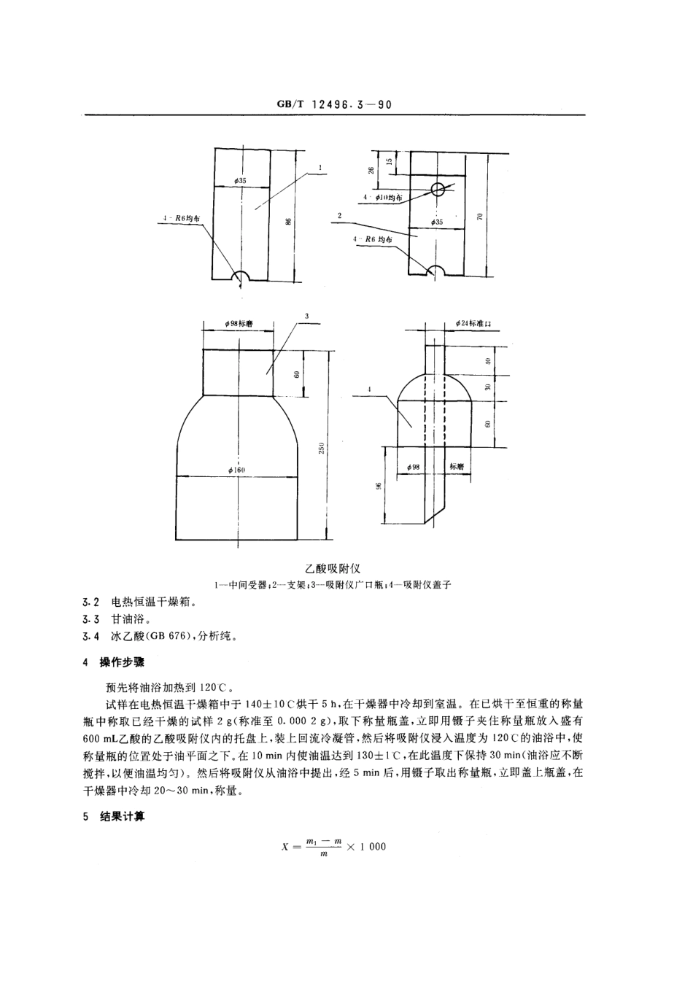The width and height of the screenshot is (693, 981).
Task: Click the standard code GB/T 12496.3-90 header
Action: pos(335,104)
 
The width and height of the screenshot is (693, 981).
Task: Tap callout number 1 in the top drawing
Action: pos(320,168)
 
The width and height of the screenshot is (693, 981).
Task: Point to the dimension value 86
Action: pos(289,220)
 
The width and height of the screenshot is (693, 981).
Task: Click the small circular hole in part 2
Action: pos(437,190)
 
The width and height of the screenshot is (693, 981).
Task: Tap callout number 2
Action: pos(341,215)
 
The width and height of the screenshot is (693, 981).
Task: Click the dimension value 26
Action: pos(371,170)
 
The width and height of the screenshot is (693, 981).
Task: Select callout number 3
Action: pos(307,316)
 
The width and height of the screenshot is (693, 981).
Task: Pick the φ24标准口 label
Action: pos(474,322)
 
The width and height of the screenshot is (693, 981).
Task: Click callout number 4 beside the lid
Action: pos(371,390)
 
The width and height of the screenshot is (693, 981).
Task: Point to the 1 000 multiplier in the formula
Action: pos(373,846)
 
